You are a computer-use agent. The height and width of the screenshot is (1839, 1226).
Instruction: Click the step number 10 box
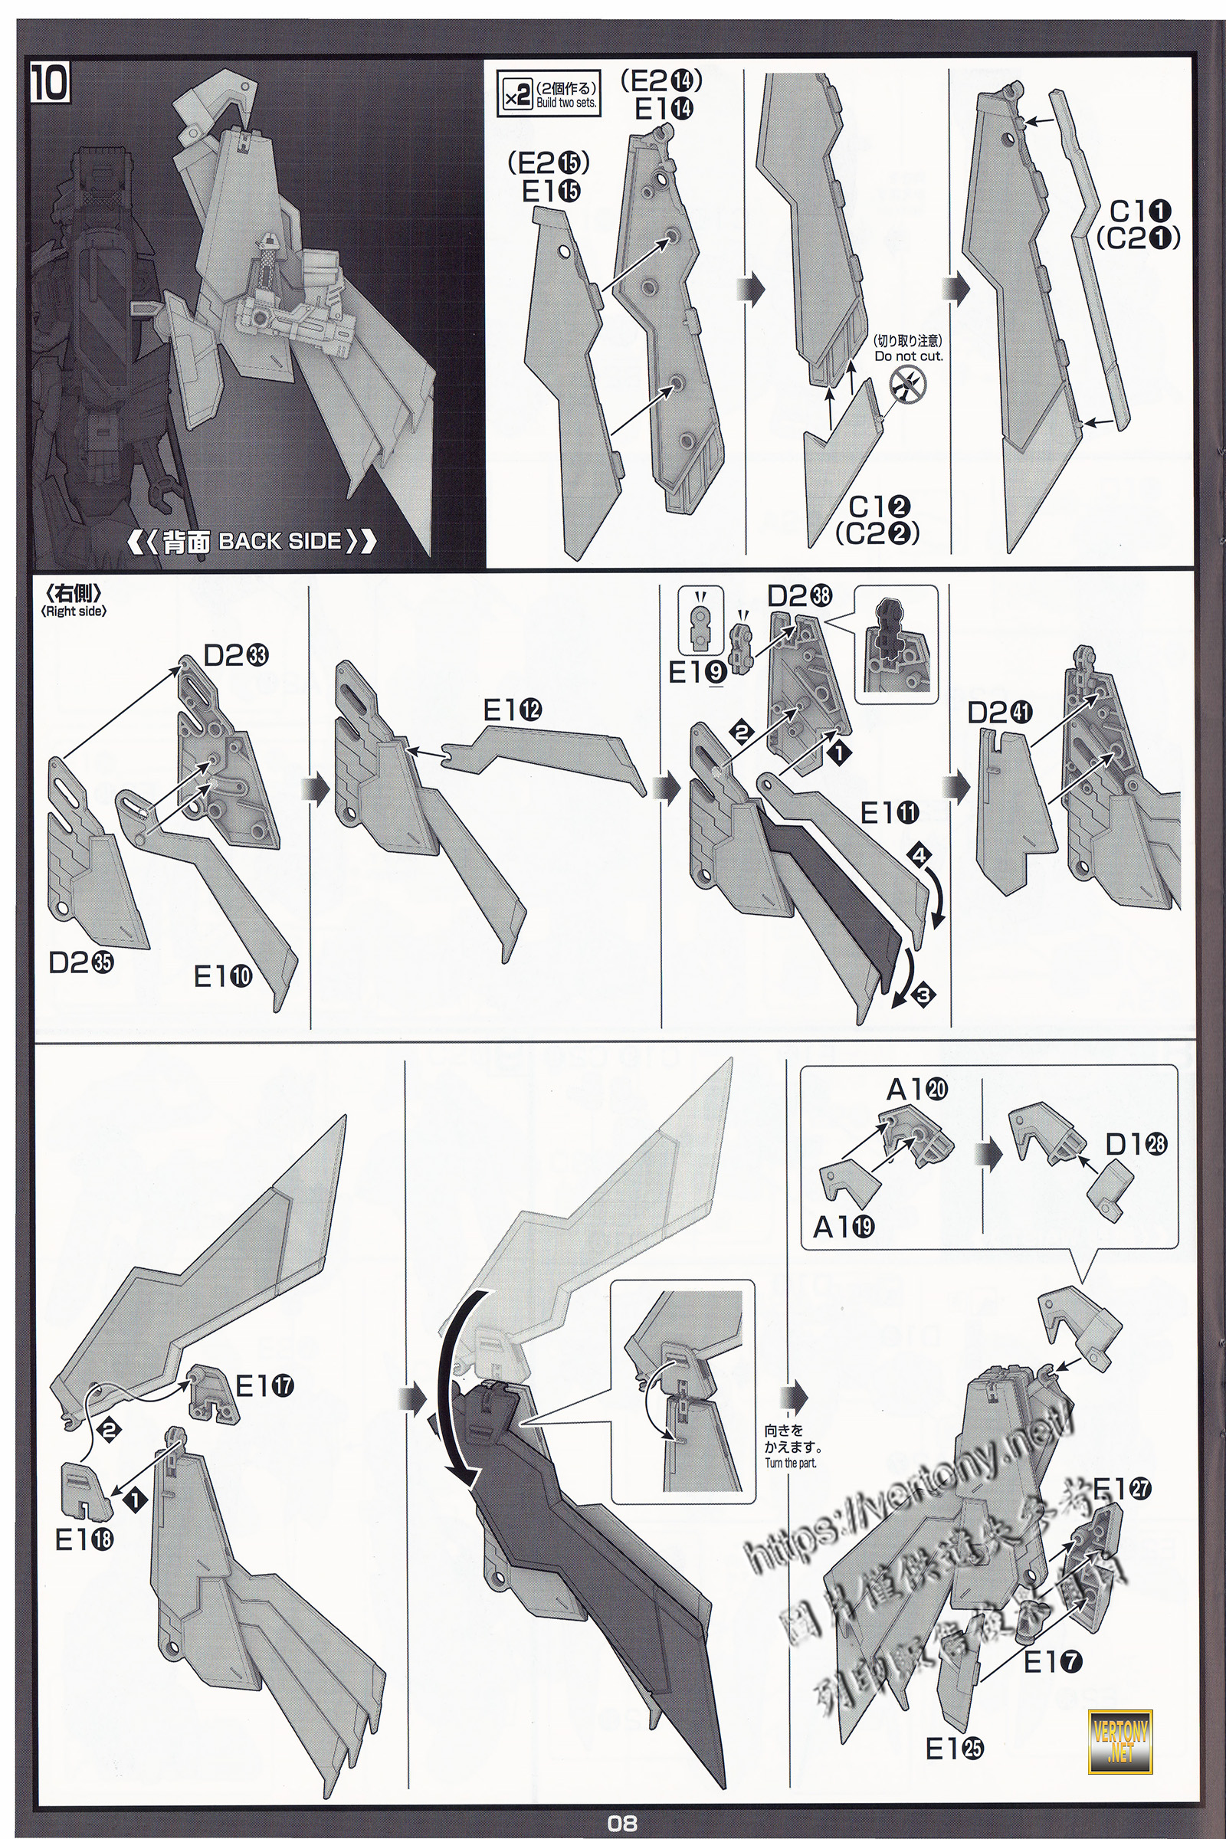[x=50, y=84]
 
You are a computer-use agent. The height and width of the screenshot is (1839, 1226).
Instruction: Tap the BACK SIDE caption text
[x=251, y=541]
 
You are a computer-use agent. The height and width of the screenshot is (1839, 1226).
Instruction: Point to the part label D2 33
[x=235, y=655]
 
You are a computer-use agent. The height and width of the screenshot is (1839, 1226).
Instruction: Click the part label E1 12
[x=512, y=710]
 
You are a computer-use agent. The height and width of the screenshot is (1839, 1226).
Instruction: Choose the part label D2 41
[x=999, y=713]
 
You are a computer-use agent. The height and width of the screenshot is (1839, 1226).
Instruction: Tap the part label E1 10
[x=223, y=975]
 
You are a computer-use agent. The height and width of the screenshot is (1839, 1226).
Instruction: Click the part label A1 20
[x=916, y=1089]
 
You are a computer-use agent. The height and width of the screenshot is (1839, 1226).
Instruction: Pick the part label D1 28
[x=1136, y=1144]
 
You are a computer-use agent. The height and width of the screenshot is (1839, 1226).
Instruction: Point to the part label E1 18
[x=84, y=1539]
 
